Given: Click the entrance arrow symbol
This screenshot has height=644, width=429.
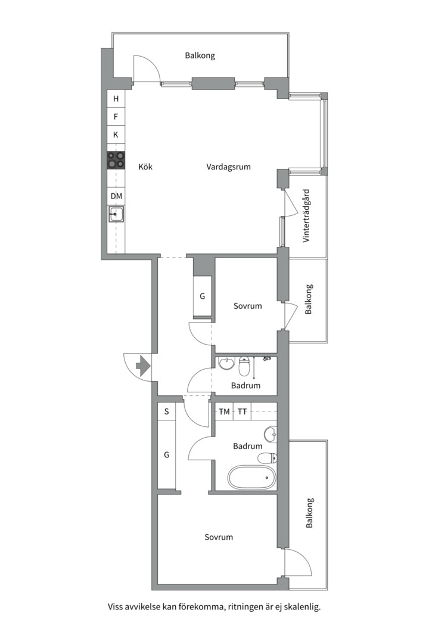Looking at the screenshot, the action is (142, 366).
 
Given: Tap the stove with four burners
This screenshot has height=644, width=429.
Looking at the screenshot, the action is (116, 160).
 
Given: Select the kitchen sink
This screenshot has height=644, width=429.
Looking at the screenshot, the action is (116, 214).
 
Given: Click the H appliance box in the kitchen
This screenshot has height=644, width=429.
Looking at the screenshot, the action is (116, 98).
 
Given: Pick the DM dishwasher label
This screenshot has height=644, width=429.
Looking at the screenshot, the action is (116, 196).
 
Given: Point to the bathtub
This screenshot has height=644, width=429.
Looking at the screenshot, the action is (252, 477).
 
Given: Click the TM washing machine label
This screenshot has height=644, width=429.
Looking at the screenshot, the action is (224, 411).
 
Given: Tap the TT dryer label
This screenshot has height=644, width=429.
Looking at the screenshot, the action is (243, 411).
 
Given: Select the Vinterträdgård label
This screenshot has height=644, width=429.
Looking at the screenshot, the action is (306, 216).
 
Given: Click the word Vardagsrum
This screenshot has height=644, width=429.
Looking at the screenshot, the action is (228, 167).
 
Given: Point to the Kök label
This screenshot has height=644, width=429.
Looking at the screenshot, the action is (145, 166).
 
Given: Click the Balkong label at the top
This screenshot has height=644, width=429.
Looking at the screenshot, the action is (200, 55).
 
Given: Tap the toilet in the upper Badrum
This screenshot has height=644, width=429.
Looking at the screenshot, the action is (244, 366).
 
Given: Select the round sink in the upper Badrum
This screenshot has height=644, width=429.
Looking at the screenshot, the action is (226, 364).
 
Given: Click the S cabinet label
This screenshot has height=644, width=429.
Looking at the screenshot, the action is (166, 411).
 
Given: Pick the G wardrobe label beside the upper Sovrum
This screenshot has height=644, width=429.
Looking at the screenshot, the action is (202, 296).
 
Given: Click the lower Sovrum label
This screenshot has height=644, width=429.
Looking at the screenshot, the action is (219, 537).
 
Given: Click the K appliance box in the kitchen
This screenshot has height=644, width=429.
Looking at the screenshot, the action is (116, 135).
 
